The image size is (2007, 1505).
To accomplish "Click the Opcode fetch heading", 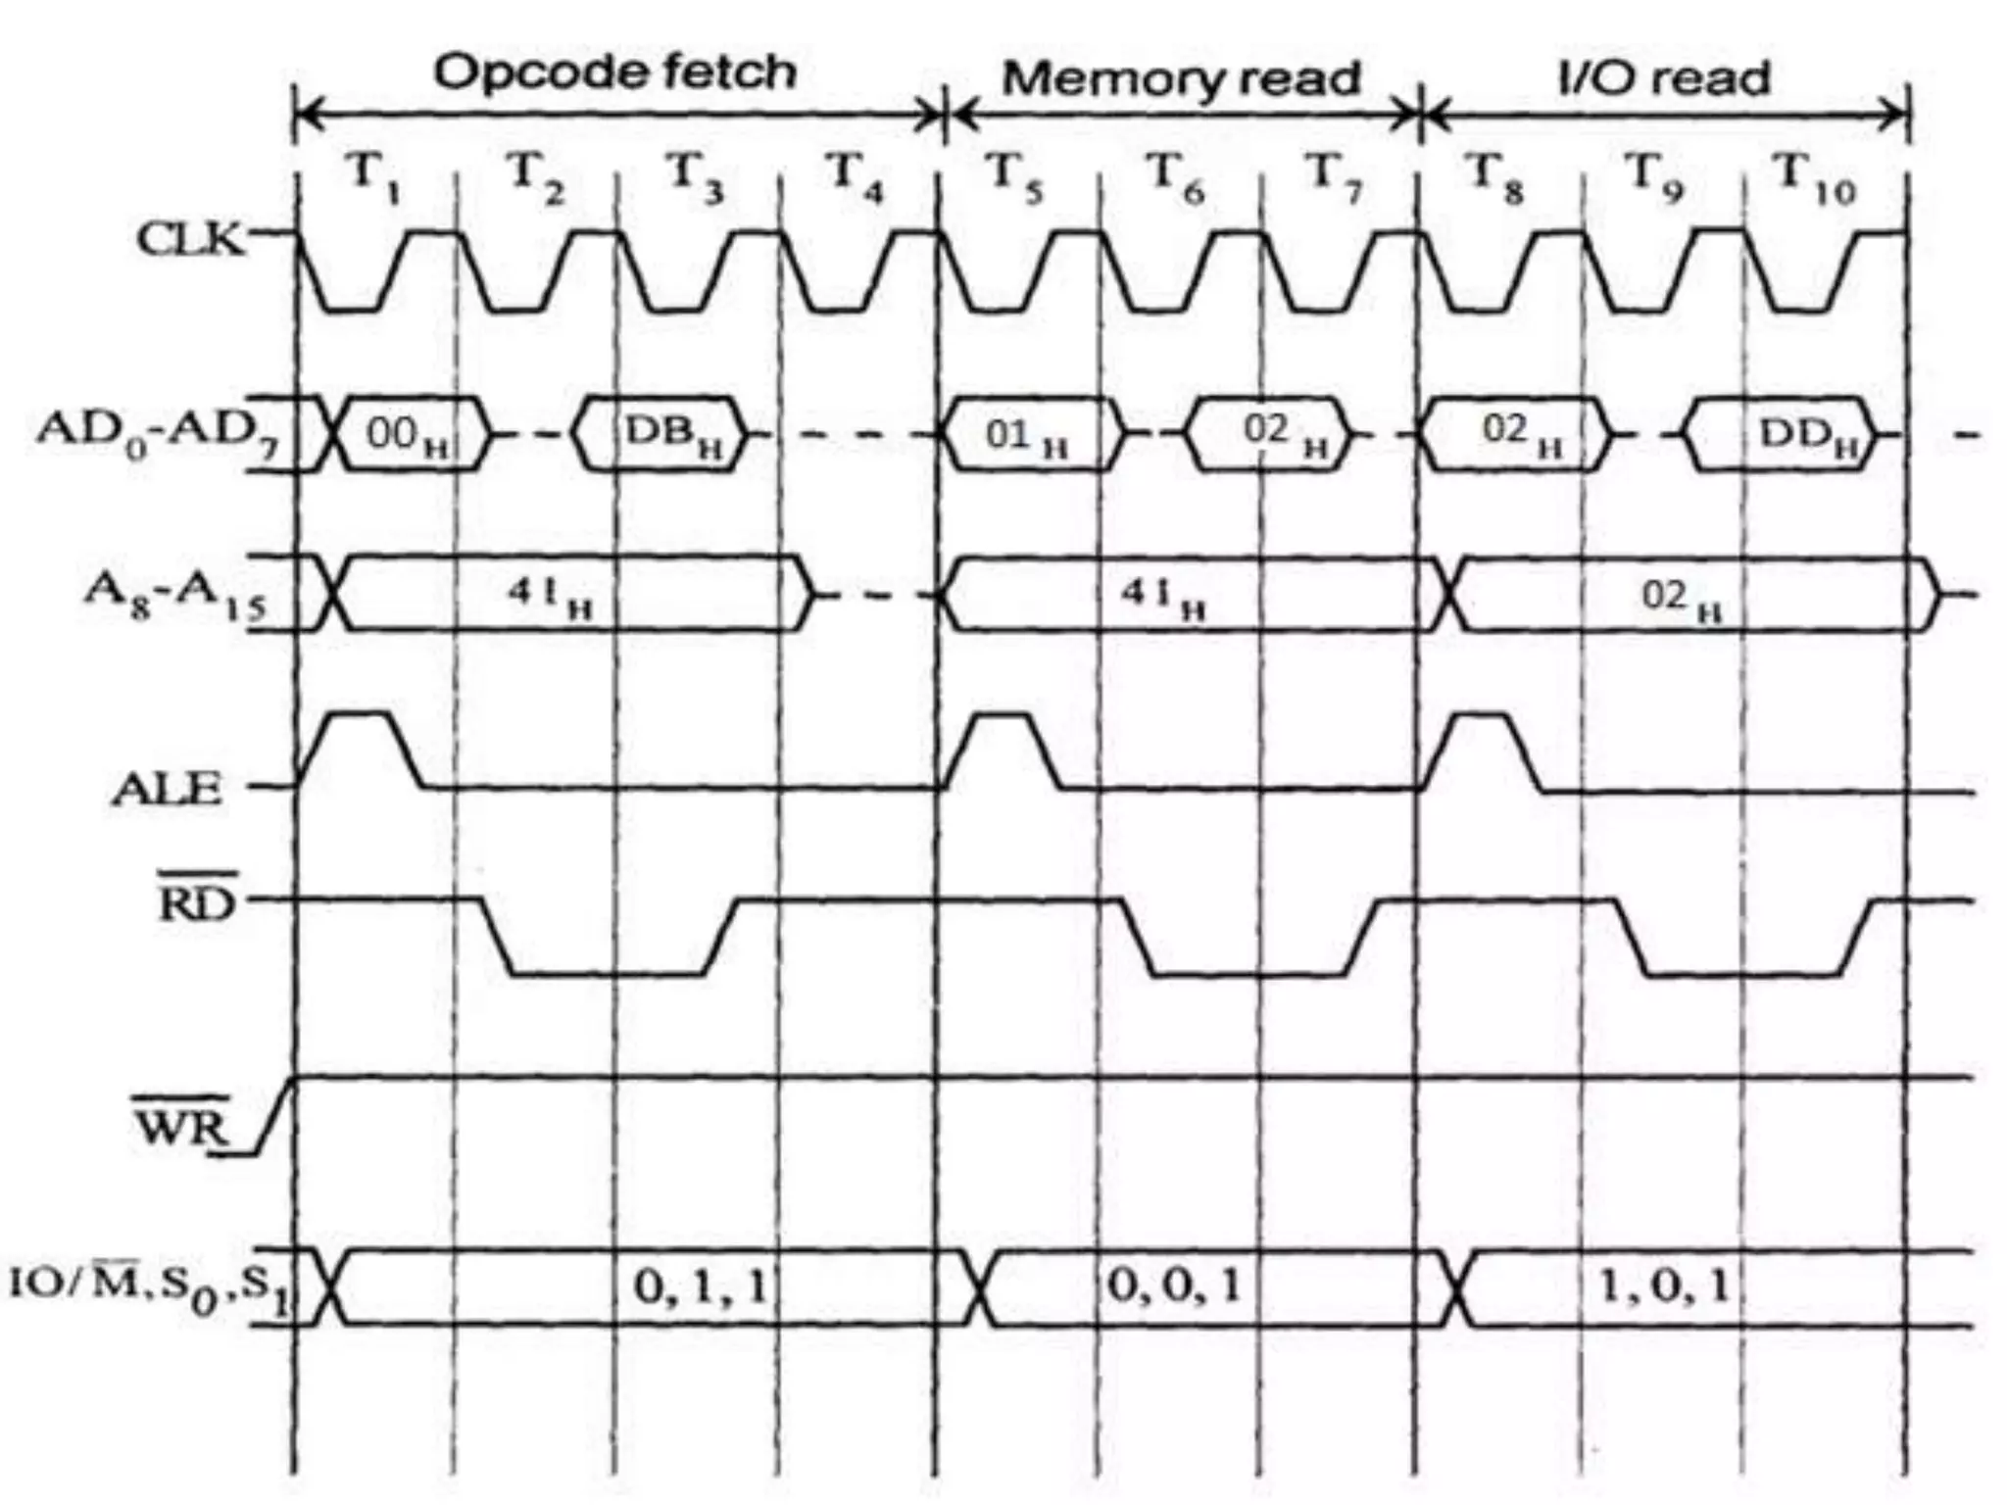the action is [x=614, y=73].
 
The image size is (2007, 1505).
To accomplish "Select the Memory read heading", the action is [x=1182, y=78].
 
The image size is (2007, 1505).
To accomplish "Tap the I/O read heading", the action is [x=1664, y=78].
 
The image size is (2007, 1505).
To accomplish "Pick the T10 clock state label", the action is [x=1816, y=177].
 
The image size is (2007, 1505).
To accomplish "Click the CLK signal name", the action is [x=190, y=239].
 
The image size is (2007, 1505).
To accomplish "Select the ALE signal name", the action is [x=167, y=790].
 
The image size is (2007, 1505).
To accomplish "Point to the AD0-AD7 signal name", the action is [x=157, y=432].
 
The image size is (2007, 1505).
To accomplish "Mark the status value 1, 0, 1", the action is [x=1663, y=1286].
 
